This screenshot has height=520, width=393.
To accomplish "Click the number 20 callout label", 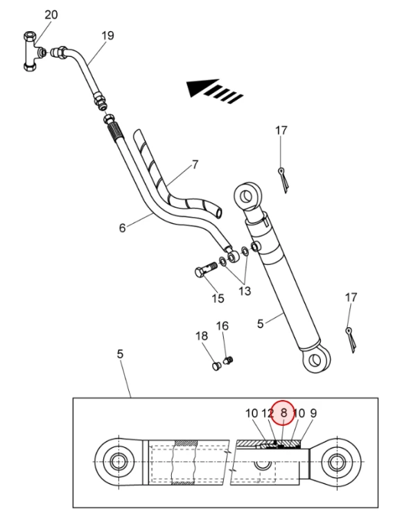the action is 51,15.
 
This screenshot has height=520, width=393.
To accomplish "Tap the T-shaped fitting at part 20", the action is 33,51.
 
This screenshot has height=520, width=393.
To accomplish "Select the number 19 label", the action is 107,35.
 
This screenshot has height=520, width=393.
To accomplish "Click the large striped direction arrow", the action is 214,91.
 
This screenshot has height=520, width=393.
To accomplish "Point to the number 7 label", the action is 195,164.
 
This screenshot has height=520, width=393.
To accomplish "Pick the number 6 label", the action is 123,228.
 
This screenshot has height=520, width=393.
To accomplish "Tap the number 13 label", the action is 245,291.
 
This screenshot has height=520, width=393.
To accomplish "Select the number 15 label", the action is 218,298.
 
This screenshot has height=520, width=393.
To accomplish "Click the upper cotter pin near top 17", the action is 283,180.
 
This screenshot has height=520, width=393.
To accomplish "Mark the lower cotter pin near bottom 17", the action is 351,340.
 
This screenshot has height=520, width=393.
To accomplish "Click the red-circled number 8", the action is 283,413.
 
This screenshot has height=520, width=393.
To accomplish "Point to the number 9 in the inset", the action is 313,413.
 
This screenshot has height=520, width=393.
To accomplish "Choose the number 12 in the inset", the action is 268,413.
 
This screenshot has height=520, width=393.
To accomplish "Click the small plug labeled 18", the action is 216,367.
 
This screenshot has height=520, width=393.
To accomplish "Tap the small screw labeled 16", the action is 228,360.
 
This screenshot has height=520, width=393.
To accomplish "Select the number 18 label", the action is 202,336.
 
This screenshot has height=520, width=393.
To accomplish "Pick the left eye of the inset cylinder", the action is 116,461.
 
